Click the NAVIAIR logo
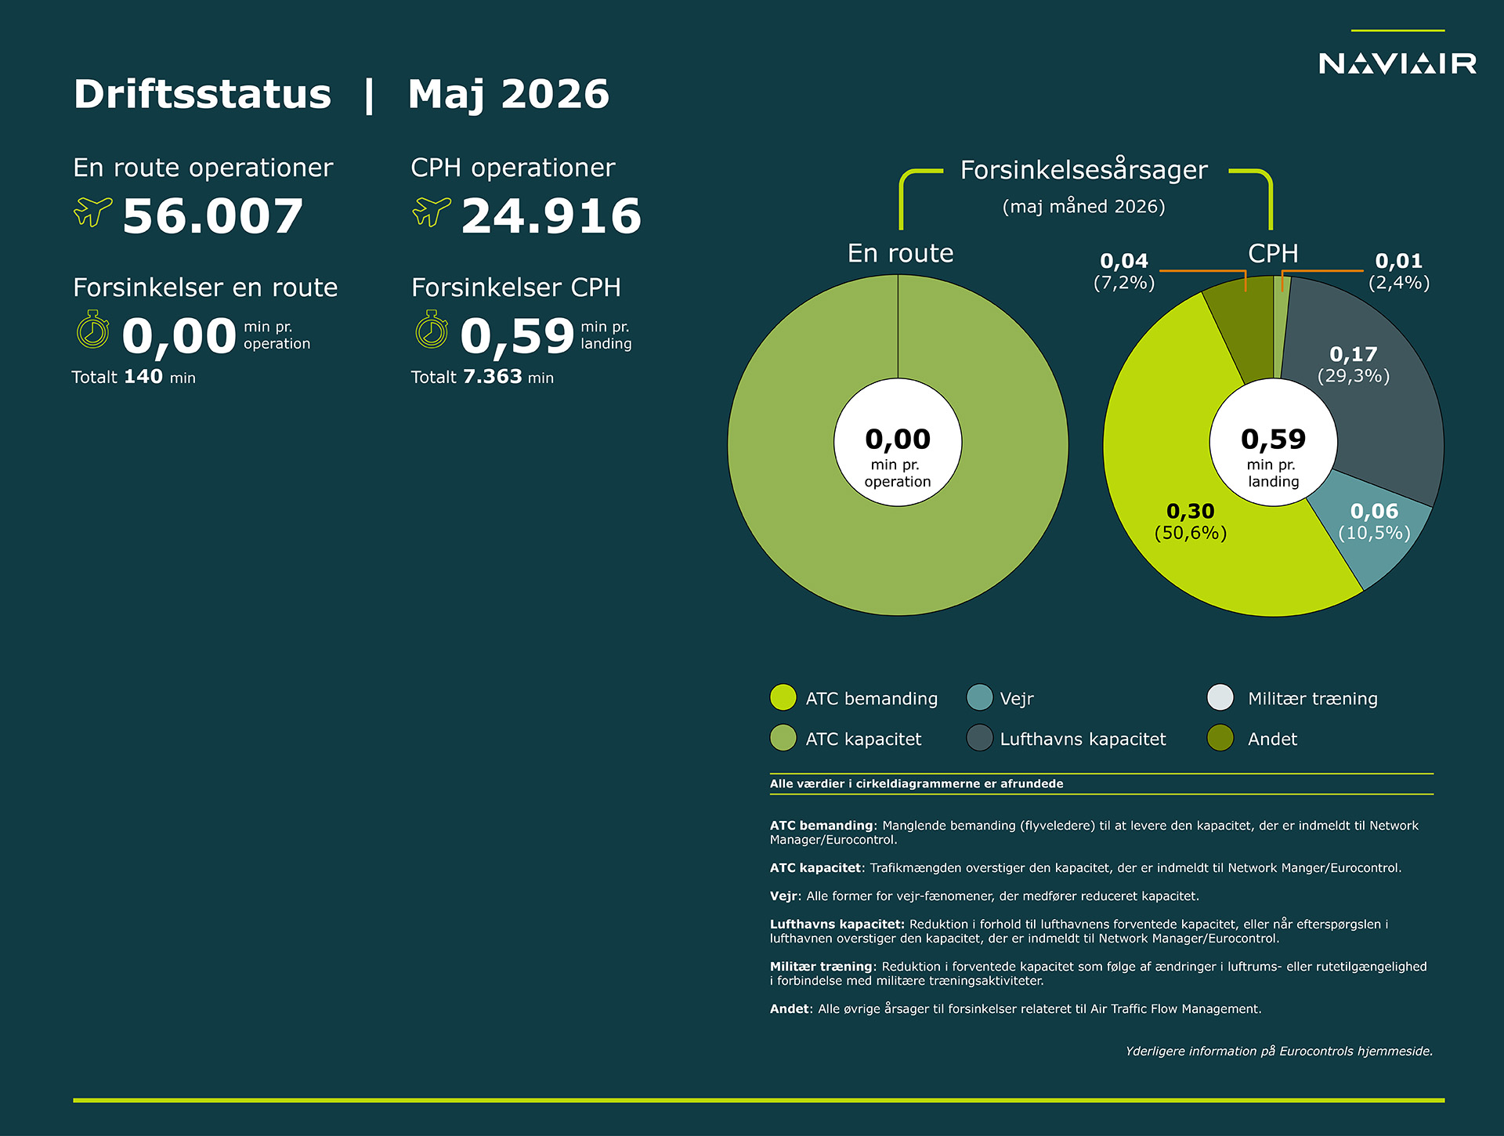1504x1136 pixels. (1397, 63)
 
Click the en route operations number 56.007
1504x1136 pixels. (213, 216)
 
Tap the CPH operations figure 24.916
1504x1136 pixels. (551, 216)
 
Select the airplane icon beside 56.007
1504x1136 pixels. (92, 212)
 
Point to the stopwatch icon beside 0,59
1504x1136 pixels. (432, 329)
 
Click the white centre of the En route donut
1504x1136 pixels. (898, 443)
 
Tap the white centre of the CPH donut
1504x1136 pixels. (1274, 443)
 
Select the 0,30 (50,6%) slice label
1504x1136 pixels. (1191, 522)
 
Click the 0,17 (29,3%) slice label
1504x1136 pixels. (1354, 364)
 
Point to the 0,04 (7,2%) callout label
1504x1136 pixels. (1124, 271)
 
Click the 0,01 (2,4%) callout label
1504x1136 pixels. (1399, 271)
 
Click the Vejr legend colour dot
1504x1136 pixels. (980, 697)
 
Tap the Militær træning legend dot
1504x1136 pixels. (1220, 697)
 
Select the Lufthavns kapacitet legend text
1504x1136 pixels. (1083, 739)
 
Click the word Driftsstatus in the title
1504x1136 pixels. (203, 94)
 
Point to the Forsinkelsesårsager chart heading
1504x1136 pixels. (1084, 169)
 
